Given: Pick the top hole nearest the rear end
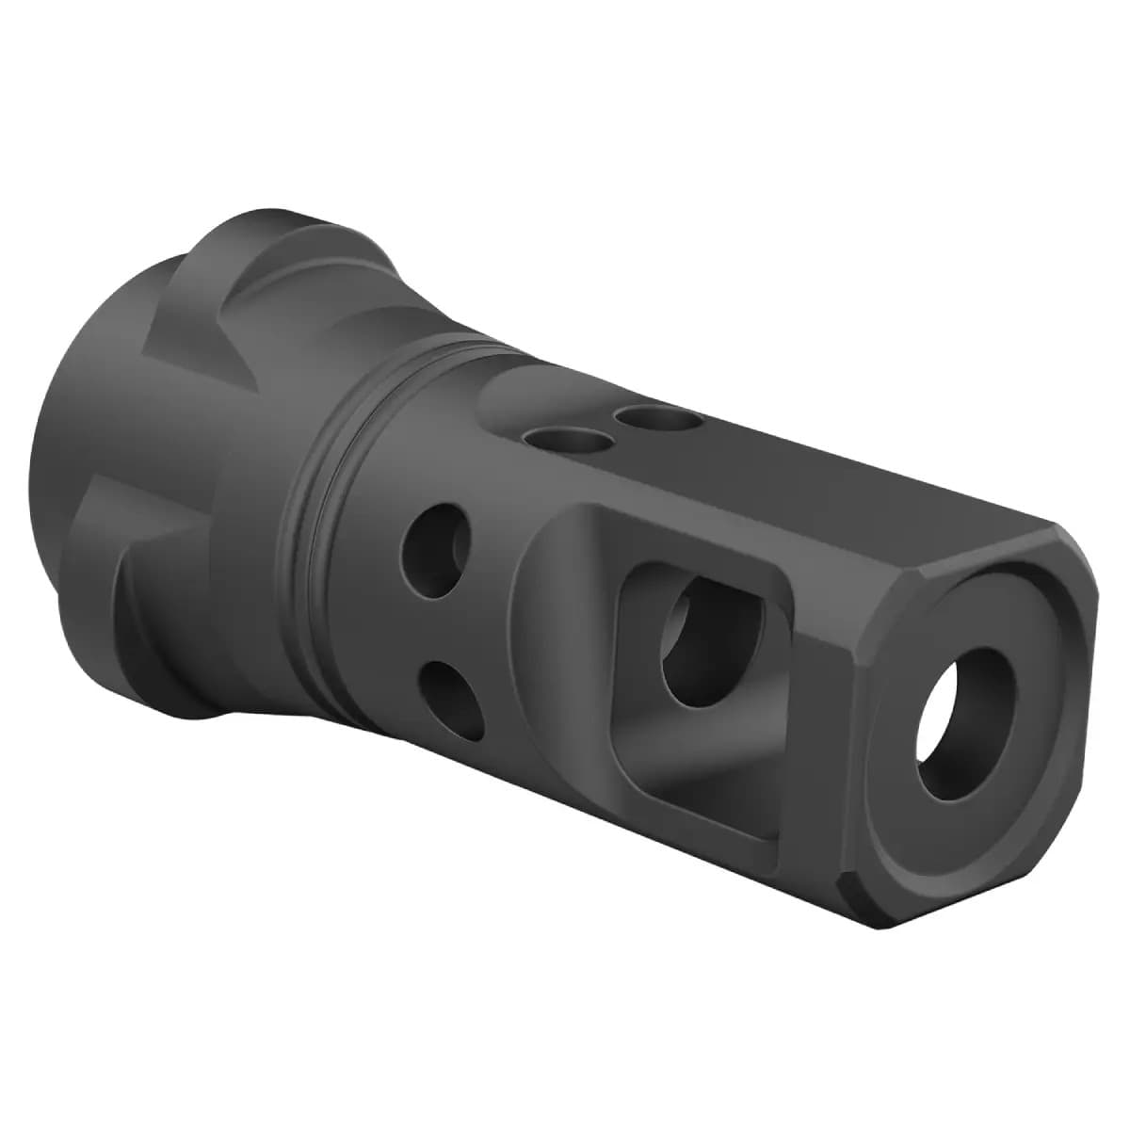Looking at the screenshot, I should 558,440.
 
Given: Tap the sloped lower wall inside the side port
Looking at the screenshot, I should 697,753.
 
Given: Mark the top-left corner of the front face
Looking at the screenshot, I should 876,603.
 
